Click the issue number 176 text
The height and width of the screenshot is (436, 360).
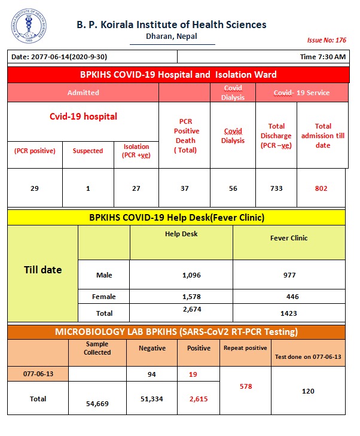tap(327, 41)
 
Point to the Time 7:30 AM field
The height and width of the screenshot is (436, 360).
tap(322, 57)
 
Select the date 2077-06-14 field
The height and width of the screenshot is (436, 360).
tap(60, 57)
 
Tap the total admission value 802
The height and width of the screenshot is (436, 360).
tap(322, 188)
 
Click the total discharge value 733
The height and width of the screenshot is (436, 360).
tap(276, 188)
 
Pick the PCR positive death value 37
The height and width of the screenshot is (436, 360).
tap(184, 188)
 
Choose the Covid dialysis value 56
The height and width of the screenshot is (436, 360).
tap(233, 188)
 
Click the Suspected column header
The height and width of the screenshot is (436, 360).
tap(88, 151)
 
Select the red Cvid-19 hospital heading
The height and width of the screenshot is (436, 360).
tap(83, 117)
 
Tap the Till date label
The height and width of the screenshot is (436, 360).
tap(42, 270)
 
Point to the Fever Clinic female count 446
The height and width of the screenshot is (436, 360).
tap(289, 296)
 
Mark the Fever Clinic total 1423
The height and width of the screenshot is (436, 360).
tap(289, 313)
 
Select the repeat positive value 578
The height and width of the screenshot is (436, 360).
tap(246, 387)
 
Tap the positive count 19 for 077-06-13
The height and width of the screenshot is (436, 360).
tap(193, 374)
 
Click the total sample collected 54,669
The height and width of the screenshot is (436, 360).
tap(97, 404)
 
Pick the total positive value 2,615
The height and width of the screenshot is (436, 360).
tap(198, 399)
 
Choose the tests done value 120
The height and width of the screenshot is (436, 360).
tap(308, 391)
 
